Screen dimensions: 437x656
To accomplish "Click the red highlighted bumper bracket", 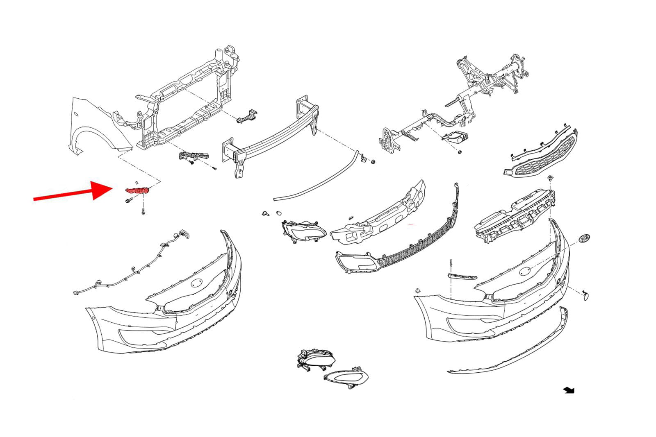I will [138, 191].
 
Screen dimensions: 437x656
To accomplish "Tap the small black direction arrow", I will [569, 390].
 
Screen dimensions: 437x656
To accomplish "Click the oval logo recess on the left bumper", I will [197, 283].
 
